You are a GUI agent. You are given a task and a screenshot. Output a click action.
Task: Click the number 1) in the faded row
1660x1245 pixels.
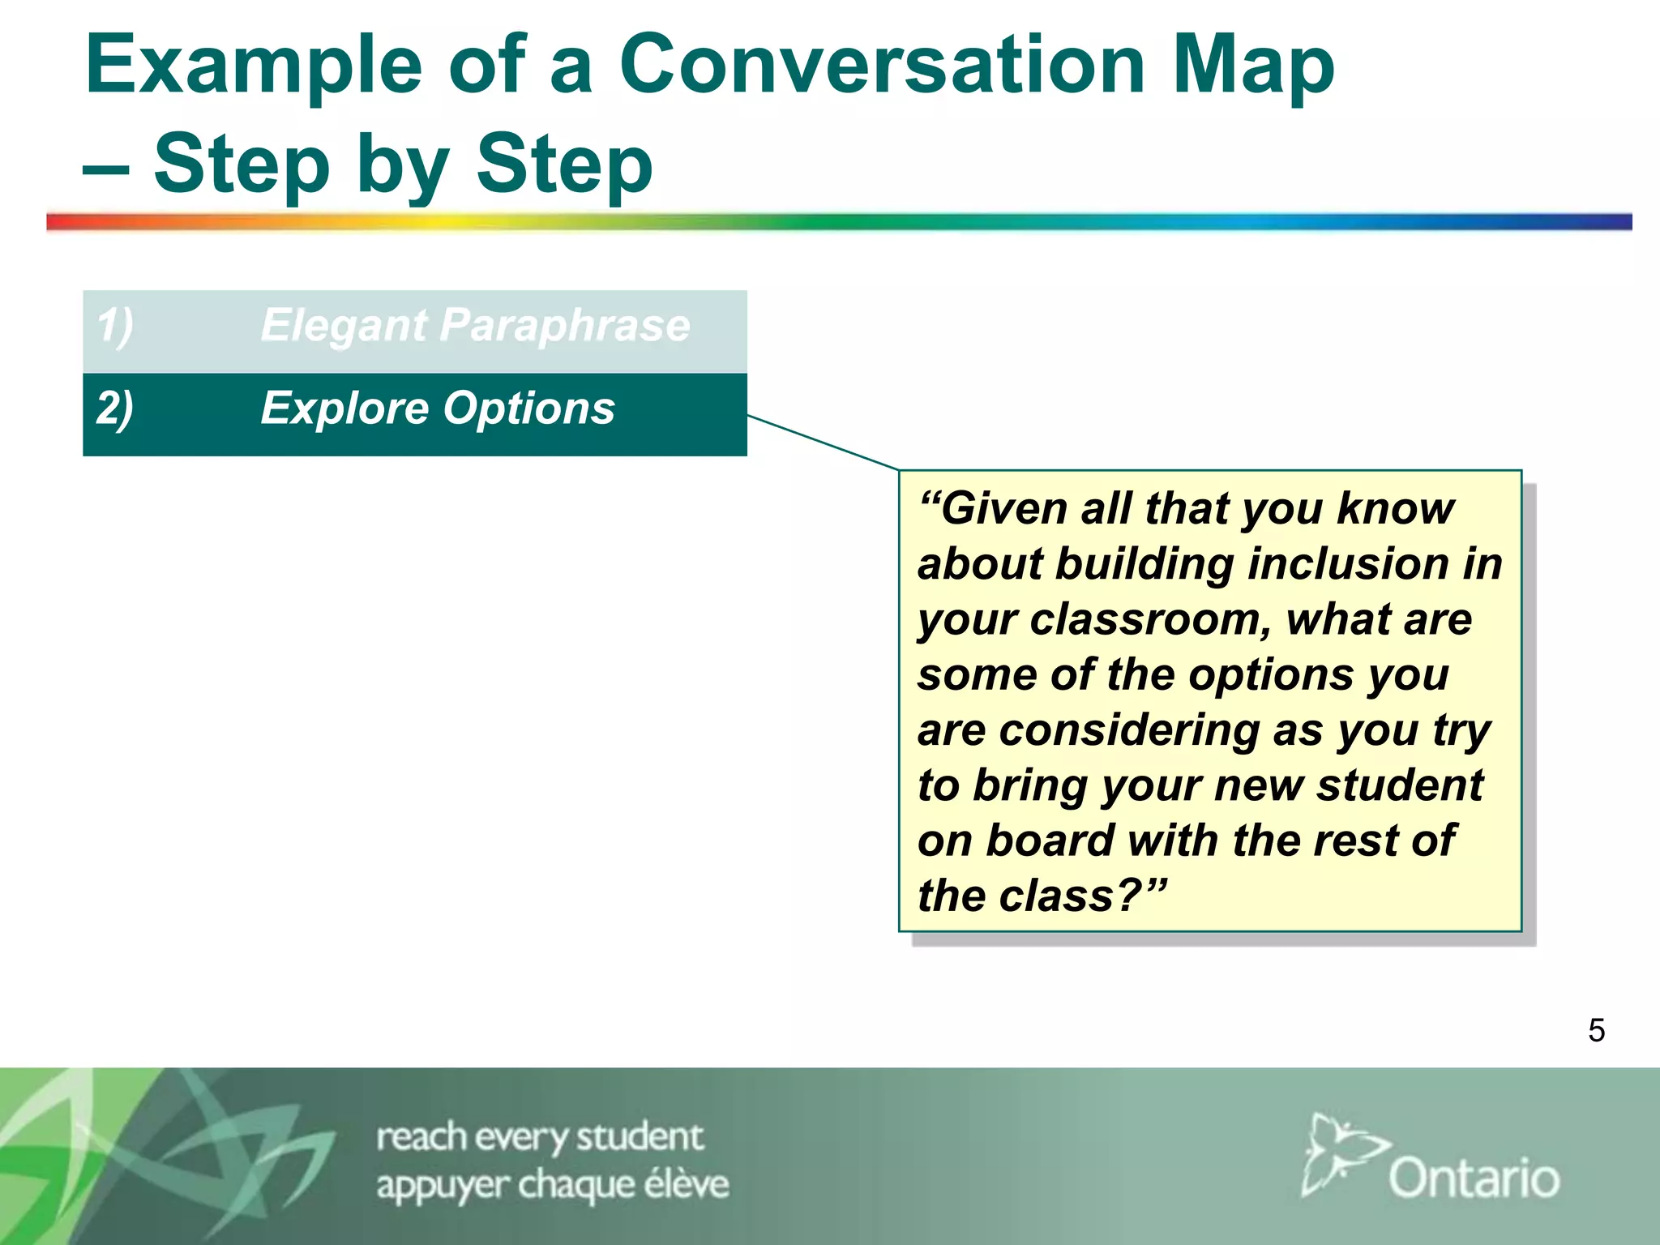(x=115, y=326)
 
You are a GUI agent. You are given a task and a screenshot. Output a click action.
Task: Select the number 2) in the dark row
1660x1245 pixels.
(x=115, y=409)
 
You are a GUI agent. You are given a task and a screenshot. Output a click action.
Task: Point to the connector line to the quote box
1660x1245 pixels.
(x=823, y=443)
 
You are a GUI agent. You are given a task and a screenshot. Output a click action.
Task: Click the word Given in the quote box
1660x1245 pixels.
(x=993, y=509)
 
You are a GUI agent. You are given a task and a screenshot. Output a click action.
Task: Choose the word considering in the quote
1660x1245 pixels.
(x=1129, y=730)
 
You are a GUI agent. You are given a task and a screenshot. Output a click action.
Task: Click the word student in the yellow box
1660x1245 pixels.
(x=1400, y=785)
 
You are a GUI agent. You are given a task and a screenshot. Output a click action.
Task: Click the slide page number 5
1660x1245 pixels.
(x=1596, y=1031)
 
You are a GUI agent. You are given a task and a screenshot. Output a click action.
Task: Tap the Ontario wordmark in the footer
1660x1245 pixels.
(x=1474, y=1178)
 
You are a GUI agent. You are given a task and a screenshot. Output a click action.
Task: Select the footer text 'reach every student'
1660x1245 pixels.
(x=540, y=1137)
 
